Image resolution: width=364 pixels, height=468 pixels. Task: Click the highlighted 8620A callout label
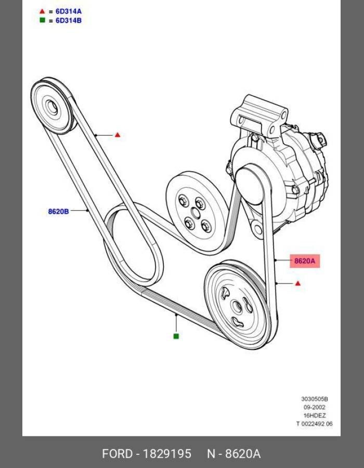305,261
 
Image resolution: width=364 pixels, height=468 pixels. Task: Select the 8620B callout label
58,211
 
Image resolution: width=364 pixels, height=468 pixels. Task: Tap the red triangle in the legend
42,11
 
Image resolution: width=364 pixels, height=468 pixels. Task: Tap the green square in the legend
42,20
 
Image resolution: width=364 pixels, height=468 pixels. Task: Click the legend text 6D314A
68,11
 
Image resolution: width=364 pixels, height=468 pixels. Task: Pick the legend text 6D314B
68,21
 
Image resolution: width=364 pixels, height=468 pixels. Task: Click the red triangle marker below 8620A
298,283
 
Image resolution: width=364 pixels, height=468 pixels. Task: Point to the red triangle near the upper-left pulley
118,135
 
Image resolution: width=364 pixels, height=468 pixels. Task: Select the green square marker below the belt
176,336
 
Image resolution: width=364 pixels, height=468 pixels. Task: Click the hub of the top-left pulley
51,107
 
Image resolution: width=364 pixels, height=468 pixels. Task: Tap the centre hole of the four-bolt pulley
195,213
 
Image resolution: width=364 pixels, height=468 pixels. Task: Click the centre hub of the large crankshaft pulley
237,307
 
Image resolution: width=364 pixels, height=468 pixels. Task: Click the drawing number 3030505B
315,399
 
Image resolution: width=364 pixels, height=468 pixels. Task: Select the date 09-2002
315,407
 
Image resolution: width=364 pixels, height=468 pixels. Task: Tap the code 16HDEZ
315,415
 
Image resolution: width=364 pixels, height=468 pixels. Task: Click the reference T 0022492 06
314,423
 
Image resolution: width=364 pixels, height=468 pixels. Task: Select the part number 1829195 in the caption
167,454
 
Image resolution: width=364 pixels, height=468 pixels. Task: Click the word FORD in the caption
117,454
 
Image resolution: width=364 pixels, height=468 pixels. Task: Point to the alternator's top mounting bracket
259,115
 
